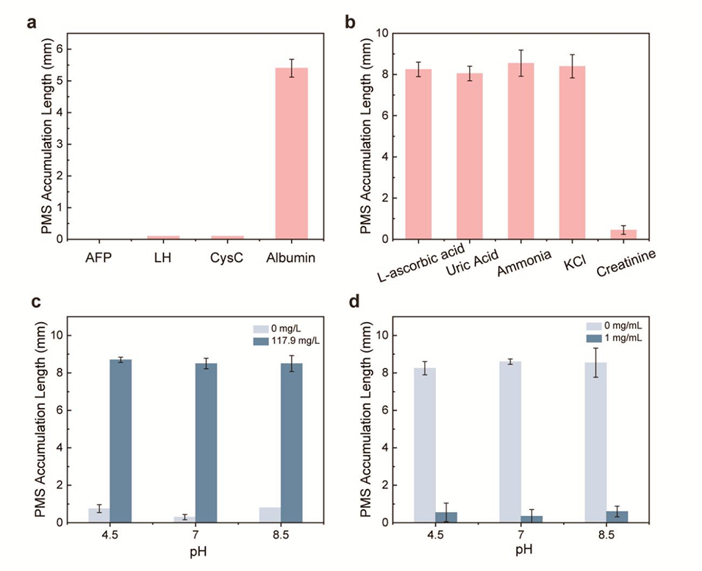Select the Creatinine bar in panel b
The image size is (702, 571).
click(623, 234)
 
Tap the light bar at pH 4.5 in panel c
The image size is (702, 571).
click(99, 515)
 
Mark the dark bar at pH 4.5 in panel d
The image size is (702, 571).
click(446, 517)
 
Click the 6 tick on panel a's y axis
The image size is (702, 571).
click(59, 49)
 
